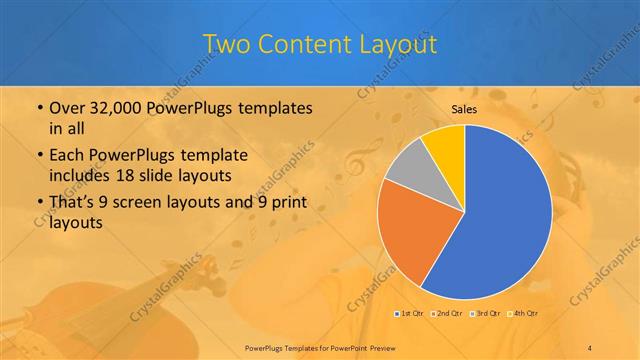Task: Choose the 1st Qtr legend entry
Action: pyautogui.click(x=410, y=314)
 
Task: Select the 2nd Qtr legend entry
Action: pyautogui.click(x=447, y=314)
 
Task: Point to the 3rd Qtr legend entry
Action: pyautogui.click(x=484, y=314)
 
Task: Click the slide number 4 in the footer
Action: pyautogui.click(x=590, y=346)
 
